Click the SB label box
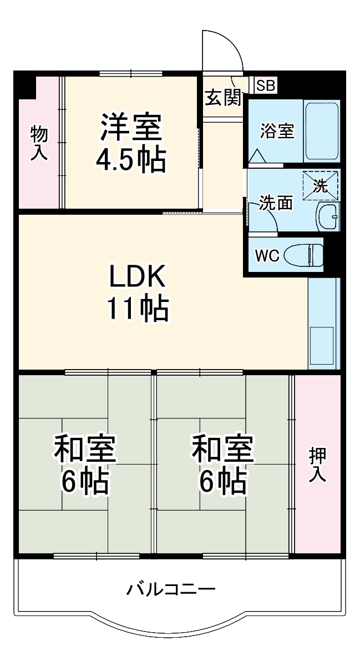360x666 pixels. [x=265, y=85]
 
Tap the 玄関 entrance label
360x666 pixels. [x=223, y=98]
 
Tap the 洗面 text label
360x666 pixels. [x=276, y=203]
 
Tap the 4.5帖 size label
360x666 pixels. [x=131, y=160]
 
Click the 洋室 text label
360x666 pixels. [x=131, y=128]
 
